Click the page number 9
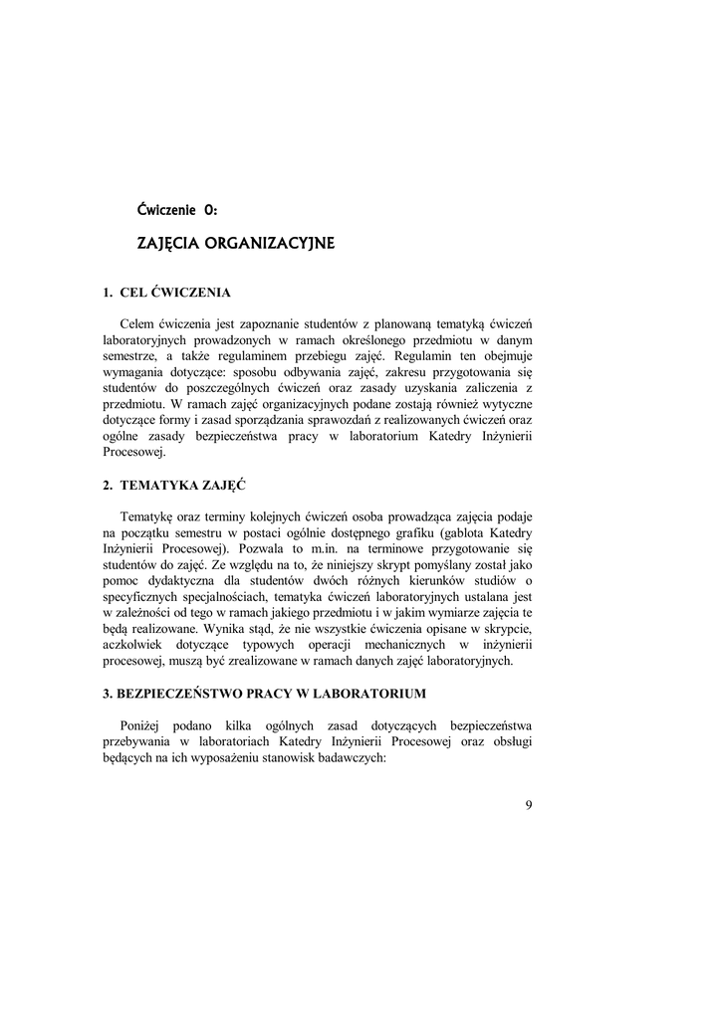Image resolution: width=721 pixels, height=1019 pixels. [528, 806]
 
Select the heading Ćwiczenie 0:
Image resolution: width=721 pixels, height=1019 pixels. [177, 209]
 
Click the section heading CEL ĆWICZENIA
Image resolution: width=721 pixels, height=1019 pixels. [174, 294]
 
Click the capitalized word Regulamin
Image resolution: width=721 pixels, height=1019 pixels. [425, 356]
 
